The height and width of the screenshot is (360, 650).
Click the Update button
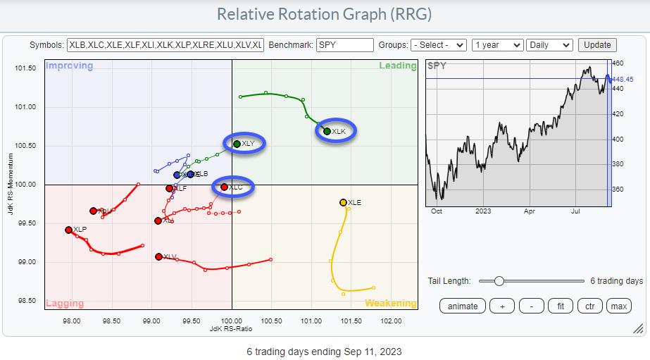597,44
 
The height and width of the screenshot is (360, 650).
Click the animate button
463,306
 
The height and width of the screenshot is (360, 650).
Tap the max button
619,306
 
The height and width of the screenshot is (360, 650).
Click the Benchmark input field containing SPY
345,44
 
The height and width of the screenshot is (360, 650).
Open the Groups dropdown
439,44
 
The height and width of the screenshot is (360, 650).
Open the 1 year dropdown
498,44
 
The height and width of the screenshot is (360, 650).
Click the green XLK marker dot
327,131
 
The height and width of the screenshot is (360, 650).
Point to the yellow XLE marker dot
343,202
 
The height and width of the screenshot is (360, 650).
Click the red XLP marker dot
68,230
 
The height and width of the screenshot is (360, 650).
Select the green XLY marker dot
237,144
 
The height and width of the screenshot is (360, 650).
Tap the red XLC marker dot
224,187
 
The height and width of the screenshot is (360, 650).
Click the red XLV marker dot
158,256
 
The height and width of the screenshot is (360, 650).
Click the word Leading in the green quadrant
398,66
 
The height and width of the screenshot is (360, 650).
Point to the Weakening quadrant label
390,303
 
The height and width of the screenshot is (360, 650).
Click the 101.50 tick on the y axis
25,68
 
